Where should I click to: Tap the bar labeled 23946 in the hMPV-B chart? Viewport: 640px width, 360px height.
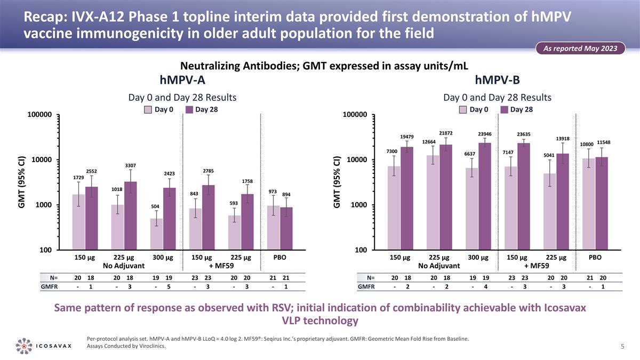click(x=484, y=196)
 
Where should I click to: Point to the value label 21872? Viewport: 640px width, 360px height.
click(x=446, y=132)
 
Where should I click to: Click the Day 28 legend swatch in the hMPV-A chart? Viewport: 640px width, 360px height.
click(x=189, y=110)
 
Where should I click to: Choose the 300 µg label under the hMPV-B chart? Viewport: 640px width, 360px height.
click(x=478, y=257)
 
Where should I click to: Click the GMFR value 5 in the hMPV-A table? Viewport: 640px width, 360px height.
click(x=169, y=287)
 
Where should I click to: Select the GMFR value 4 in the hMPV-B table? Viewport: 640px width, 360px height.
click(x=484, y=287)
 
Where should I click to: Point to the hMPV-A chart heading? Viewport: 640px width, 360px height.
click(x=183, y=80)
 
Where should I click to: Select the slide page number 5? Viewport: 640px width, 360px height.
click(x=622, y=346)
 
